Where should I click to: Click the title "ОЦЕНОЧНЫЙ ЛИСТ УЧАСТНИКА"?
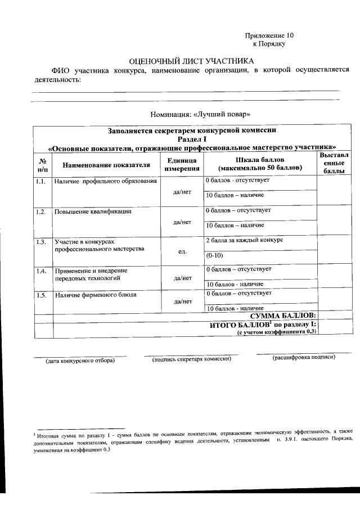(192, 60)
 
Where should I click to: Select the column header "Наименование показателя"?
(106, 165)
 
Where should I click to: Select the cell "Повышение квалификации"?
(93, 212)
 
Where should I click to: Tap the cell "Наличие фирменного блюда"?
(95, 294)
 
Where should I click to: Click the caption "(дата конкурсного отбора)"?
(80, 361)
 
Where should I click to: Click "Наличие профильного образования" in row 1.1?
(105, 182)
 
